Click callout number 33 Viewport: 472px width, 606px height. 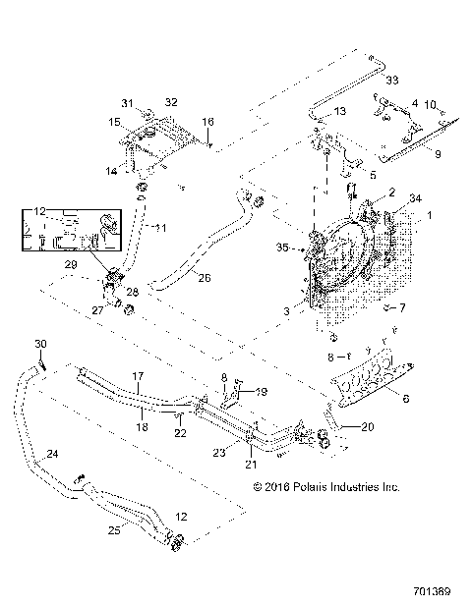coord(391,79)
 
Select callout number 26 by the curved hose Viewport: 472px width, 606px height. coord(205,278)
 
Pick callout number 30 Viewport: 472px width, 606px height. coord(40,343)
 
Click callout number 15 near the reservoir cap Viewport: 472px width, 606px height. coord(114,122)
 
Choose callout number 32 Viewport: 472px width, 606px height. coord(170,102)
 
